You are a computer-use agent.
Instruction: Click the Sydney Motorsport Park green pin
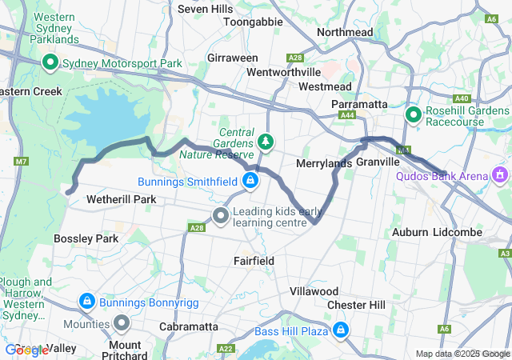coord(50,62)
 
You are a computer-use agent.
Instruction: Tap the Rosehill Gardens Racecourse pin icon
coord(414,115)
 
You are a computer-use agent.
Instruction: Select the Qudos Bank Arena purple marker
coord(501,173)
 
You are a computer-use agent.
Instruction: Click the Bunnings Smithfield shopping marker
coord(251,180)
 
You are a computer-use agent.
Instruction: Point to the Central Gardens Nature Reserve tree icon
coord(266,142)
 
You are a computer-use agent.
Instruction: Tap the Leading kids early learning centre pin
coord(221,215)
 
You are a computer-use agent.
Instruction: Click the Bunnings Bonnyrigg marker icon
coord(86,302)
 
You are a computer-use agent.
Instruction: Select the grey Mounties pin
coord(122,323)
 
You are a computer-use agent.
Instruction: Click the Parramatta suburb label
coord(360,105)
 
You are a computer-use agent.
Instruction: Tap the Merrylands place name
coord(324,163)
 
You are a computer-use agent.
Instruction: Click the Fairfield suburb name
coord(254,261)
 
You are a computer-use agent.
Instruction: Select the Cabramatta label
coord(189,326)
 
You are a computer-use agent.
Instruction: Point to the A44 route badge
coord(347,116)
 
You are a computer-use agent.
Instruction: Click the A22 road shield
coord(226,349)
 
